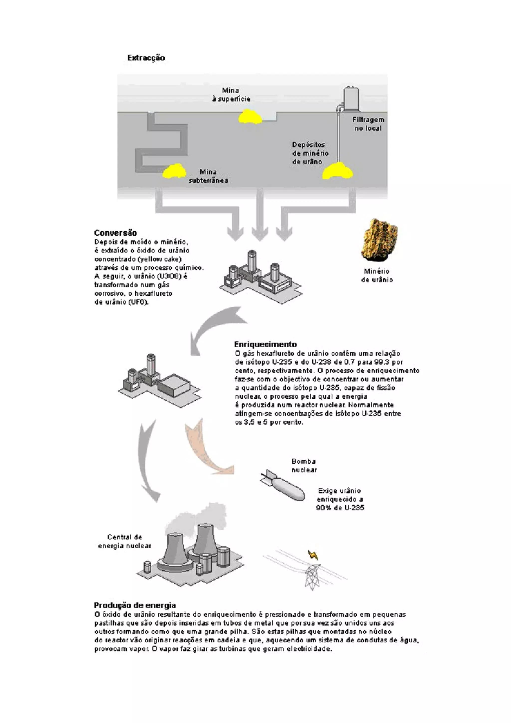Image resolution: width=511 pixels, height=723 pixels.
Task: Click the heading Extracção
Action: pos(146,58)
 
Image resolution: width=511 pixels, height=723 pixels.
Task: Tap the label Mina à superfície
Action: pos(231,95)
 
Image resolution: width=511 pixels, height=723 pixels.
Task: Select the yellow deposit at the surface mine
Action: pos(250,117)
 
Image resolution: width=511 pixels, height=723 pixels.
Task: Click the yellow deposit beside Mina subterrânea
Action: pos(174,172)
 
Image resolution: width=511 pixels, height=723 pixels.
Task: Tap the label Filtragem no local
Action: pos(368,124)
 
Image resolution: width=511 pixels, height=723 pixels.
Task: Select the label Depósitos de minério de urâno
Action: pos(310,153)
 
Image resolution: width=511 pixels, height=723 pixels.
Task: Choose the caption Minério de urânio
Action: pos(377,275)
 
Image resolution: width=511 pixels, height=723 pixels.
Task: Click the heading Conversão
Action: pos(116,233)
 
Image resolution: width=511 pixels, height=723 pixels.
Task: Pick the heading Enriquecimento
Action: pos(265,344)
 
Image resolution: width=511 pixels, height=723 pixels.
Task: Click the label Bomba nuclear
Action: pos(304,466)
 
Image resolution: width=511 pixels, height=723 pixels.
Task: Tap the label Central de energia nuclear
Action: pos(125,542)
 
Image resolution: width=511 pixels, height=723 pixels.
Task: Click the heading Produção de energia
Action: pos(135,605)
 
